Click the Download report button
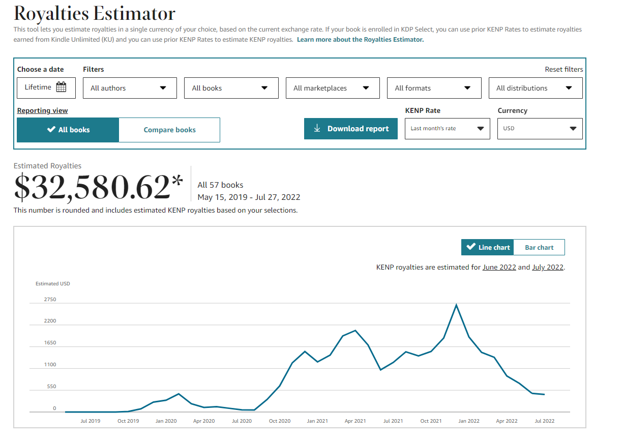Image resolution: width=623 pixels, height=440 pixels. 351,129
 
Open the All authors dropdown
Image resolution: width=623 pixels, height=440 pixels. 130,88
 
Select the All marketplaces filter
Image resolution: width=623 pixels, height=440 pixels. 333,88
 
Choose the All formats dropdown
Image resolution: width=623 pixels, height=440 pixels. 434,88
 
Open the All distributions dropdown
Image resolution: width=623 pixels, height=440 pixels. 536,88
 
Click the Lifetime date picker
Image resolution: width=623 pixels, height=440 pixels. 46,88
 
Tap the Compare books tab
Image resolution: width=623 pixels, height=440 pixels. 169,130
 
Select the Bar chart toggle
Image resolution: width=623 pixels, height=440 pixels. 539,247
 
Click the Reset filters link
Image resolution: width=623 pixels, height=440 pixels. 564,69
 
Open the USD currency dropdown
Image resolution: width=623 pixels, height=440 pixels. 540,129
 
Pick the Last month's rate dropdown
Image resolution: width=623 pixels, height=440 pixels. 447,129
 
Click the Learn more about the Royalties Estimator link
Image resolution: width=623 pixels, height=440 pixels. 361,40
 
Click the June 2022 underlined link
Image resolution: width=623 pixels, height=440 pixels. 499,267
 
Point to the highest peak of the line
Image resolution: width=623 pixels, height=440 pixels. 456,305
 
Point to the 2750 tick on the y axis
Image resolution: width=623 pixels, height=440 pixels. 50,299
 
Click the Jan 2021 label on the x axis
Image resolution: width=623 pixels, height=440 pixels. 317,421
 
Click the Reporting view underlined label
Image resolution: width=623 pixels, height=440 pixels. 42,110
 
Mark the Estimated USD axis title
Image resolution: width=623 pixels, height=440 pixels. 52,284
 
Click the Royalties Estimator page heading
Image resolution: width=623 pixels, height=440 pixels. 95,13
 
